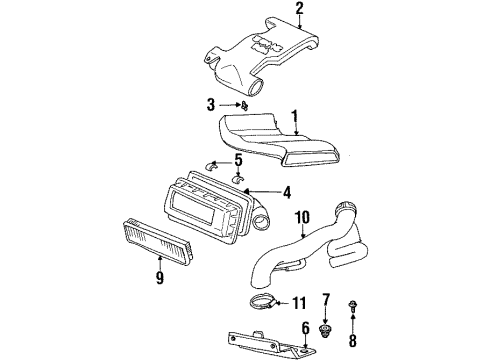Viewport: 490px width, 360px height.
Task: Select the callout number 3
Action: (211, 103)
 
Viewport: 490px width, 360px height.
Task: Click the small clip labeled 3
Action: (245, 103)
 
